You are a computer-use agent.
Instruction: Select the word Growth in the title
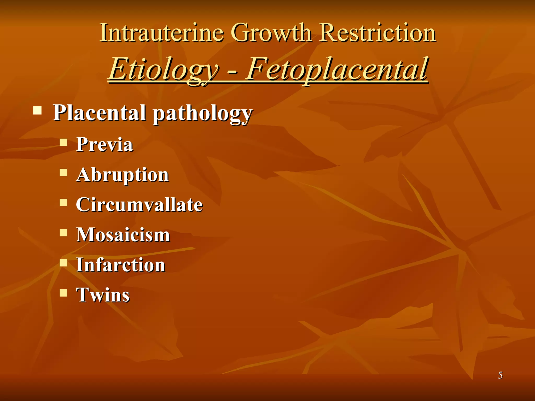click(x=272, y=33)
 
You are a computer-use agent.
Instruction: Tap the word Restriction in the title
click(x=378, y=33)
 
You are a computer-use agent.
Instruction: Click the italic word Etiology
click(x=164, y=69)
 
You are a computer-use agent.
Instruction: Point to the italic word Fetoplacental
click(x=337, y=69)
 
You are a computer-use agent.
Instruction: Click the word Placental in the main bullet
click(x=99, y=113)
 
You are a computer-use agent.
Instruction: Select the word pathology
click(x=202, y=114)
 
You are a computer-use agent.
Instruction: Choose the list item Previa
click(x=104, y=144)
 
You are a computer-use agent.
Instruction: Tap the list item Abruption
click(x=123, y=175)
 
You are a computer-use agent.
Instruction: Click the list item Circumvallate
click(x=139, y=205)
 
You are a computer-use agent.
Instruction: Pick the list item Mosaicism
click(x=123, y=235)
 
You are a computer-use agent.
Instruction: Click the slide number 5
click(x=500, y=375)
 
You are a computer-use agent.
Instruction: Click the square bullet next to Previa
click(x=63, y=142)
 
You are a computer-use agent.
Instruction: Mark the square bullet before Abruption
click(x=63, y=172)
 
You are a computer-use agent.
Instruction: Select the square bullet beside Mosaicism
click(x=63, y=232)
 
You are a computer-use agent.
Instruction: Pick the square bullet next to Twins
click(x=63, y=293)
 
